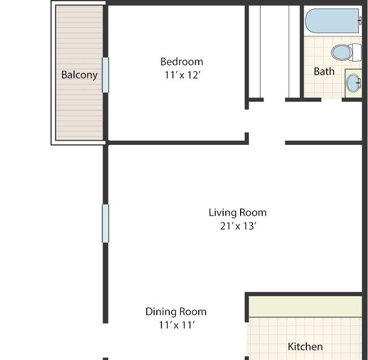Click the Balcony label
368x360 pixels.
point(79,75)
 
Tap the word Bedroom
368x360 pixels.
point(182,62)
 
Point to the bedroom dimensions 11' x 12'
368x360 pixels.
point(182,75)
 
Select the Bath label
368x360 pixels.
point(324,71)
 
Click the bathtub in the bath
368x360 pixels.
point(332,21)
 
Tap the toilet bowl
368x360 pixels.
point(342,52)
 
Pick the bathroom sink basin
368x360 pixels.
point(353,83)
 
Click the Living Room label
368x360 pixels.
point(238,213)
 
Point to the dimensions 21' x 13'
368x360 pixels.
point(238,226)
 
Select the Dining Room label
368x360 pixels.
point(176,312)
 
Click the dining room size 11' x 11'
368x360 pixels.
point(177,325)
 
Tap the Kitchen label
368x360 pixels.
point(305,346)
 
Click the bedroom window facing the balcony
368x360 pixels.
point(105,75)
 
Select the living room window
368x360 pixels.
point(105,224)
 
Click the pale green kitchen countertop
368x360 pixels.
point(305,306)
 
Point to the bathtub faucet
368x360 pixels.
point(360,20)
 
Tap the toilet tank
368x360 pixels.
point(357,53)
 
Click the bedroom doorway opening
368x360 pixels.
point(247,121)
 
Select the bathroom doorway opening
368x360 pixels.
point(332,100)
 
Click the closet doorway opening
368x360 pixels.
point(275,100)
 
